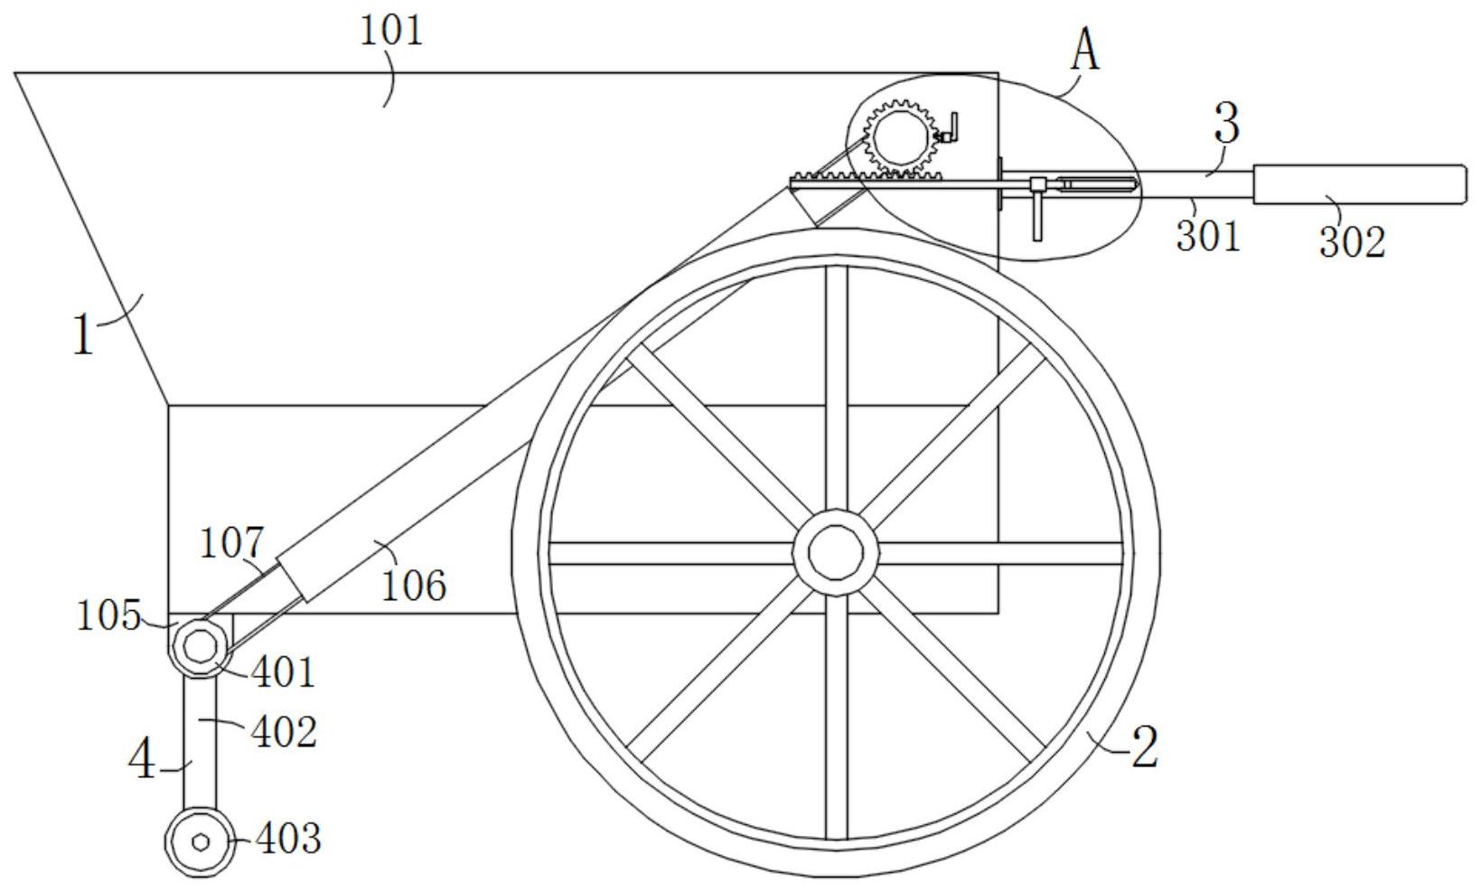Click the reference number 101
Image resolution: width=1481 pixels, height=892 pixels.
click(391, 32)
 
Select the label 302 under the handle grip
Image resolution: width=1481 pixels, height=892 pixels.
click(1352, 242)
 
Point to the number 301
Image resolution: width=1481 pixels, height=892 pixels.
click(1209, 236)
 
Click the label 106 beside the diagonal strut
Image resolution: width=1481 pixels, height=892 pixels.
click(413, 586)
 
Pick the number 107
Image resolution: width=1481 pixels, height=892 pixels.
click(231, 543)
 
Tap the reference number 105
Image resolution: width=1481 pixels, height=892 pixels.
click(108, 616)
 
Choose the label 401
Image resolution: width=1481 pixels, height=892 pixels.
click(283, 673)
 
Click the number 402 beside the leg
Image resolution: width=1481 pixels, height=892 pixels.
click(284, 732)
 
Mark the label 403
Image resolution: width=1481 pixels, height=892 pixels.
click(288, 839)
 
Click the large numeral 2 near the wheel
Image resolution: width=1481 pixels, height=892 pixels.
click(1144, 748)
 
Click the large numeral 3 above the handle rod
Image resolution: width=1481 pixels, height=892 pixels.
click(1226, 124)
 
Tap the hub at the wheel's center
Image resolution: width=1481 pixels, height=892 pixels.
click(836, 552)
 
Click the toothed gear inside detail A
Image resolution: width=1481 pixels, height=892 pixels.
click(898, 136)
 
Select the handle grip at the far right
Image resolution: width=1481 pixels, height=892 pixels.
click(1357, 183)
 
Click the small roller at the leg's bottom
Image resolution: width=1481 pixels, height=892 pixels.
click(200, 841)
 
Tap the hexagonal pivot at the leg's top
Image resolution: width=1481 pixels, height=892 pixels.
click(200, 647)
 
